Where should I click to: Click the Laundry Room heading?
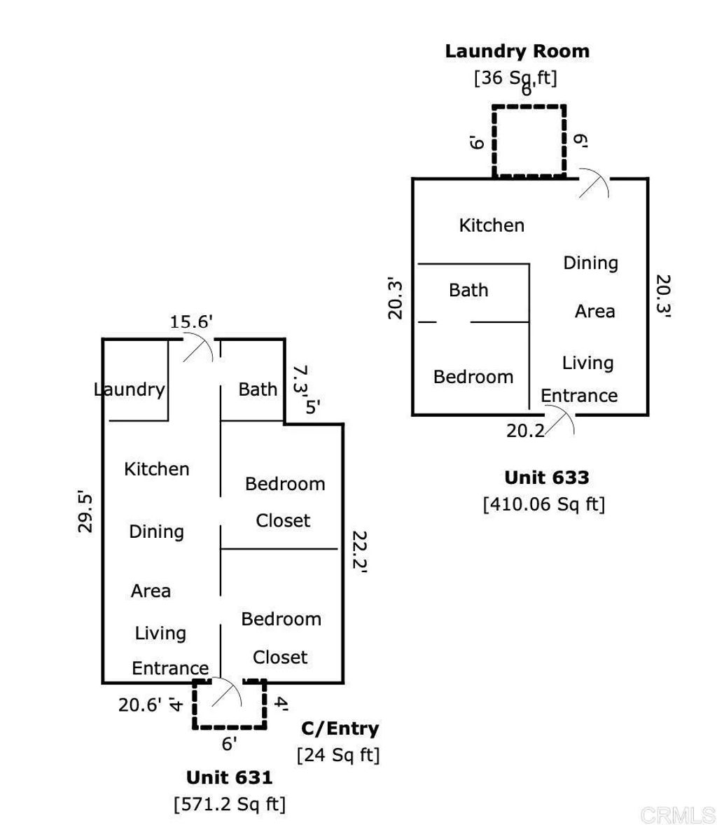517,51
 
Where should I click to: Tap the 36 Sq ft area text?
516,77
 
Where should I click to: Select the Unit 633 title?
546,478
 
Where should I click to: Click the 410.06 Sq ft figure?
543,504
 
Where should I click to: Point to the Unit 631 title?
229,777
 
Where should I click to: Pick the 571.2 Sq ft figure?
230,804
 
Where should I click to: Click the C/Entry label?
340,728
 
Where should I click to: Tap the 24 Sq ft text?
338,755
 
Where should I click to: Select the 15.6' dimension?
191,321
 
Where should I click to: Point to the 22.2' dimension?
359,551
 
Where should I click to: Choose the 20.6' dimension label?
140,704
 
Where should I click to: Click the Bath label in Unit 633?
468,290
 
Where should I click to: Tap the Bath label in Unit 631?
258,389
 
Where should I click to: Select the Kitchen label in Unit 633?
492,226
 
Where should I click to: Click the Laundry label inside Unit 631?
130,389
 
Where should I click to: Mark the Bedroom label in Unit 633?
473,377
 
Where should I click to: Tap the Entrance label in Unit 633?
579,396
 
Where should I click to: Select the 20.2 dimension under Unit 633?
525,431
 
